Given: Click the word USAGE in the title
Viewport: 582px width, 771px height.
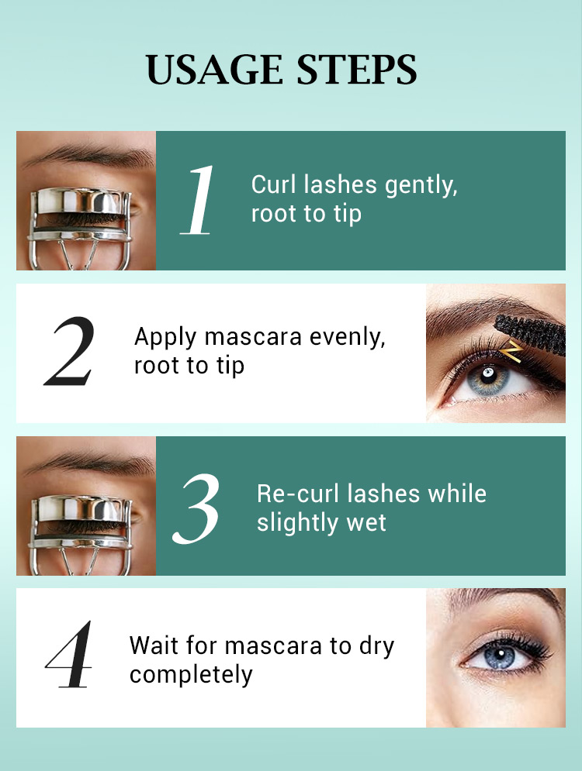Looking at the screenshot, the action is click(215, 69).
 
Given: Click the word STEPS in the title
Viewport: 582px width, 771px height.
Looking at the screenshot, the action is click(357, 69).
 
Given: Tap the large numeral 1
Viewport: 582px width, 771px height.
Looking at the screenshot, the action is click(198, 200).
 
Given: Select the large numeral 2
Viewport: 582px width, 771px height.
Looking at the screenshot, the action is click(69, 351).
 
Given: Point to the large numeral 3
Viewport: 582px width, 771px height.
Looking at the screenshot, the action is click(196, 508).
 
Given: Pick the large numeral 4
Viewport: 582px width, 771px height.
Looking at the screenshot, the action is click(69, 654).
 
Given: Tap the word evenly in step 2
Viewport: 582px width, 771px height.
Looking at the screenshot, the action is click(347, 338).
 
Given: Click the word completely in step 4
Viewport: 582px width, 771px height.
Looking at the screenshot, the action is click(191, 675).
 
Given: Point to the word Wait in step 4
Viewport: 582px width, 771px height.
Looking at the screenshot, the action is click(151, 645).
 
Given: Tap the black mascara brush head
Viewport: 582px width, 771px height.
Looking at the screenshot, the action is click(530, 330).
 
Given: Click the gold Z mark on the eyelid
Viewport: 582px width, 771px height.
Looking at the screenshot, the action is click(511, 352).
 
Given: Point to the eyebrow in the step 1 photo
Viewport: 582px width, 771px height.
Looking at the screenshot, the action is click(88, 156).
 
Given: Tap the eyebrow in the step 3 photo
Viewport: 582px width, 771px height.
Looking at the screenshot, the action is click(88, 462).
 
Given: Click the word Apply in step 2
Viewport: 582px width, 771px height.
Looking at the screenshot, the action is click(166, 338).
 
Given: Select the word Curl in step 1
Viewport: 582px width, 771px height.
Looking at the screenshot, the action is click(274, 185).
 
